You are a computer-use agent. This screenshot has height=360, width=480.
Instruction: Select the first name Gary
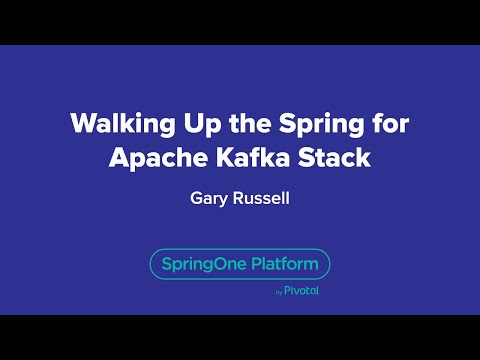tap(208, 197)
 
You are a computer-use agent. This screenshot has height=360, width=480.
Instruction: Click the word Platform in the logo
tap(285, 264)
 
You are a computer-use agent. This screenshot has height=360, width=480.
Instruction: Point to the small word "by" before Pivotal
tap(278, 292)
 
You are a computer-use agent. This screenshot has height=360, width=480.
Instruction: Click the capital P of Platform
tap(258, 264)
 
